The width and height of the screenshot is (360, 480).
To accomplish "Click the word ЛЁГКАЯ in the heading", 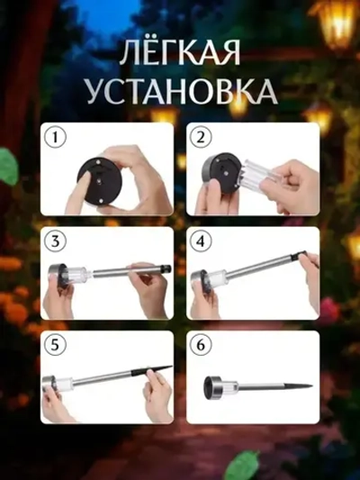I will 179,54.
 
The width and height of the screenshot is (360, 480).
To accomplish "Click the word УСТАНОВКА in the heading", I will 179,91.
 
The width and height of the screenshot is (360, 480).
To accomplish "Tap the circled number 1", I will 57,139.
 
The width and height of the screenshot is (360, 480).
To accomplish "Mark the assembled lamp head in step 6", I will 220,385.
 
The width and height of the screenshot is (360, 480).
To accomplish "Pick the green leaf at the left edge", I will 7,167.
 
